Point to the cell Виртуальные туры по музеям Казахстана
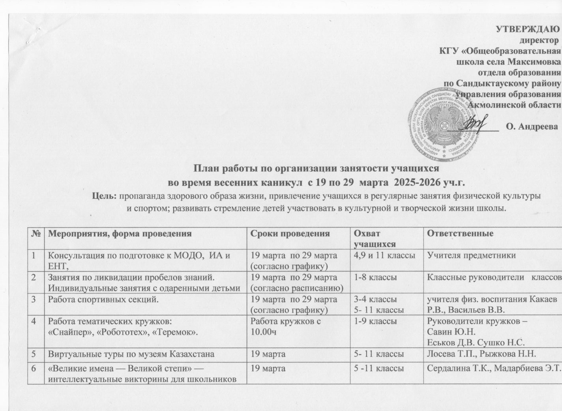[x=131, y=354]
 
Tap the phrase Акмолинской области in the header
[x=513, y=104]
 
